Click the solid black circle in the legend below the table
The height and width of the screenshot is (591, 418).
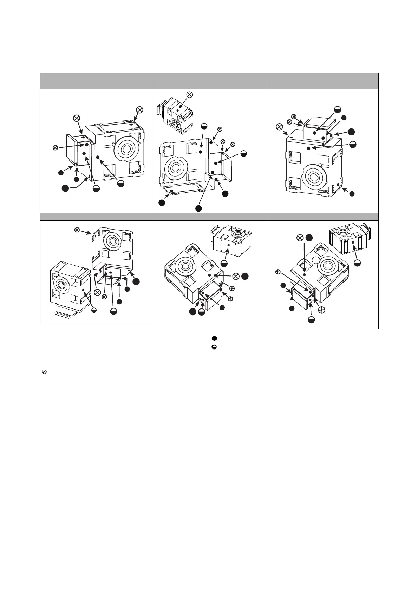point(214,338)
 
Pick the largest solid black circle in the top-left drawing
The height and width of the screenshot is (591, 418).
point(65,188)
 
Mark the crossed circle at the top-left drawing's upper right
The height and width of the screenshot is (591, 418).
point(139,109)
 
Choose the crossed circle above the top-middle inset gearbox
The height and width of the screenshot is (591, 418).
point(189,94)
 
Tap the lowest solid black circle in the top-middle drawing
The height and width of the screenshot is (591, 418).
point(198,208)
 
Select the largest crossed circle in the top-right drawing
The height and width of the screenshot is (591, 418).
point(279,126)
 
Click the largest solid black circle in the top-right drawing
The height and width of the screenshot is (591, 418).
point(351,132)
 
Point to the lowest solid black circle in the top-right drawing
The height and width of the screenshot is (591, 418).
point(352,193)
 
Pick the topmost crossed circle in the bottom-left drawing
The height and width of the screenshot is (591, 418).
point(77,230)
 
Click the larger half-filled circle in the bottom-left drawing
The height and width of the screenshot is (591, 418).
point(113,311)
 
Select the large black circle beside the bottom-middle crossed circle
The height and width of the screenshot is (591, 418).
point(245,276)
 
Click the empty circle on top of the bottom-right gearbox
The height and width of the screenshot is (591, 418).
point(315,260)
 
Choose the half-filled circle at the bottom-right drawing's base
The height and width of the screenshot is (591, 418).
point(311,319)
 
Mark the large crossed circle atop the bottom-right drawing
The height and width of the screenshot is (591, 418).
point(300,238)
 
